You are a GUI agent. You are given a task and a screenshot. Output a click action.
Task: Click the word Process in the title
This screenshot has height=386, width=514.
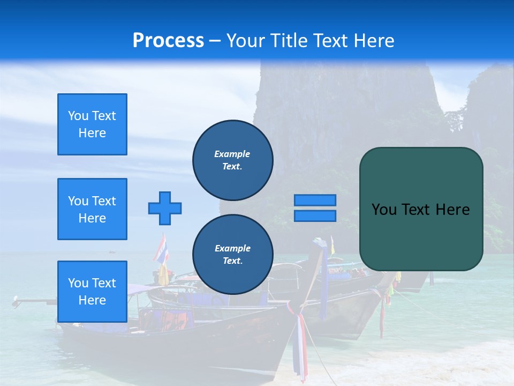pyautogui.click(x=168, y=40)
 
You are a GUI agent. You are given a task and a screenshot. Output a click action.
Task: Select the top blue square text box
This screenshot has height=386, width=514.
pyautogui.click(x=92, y=124)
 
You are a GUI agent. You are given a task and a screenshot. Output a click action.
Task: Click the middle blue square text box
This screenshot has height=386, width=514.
pyautogui.click(x=92, y=209)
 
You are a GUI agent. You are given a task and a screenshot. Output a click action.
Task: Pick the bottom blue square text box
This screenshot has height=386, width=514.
pyautogui.click(x=92, y=292)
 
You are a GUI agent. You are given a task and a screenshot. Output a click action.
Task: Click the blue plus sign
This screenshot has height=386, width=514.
pyautogui.click(x=165, y=208)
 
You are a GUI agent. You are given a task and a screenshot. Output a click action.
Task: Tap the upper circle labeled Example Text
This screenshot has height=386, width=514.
pyautogui.click(x=232, y=160)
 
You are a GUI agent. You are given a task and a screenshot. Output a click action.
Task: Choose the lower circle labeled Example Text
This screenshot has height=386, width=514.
pyautogui.click(x=232, y=255)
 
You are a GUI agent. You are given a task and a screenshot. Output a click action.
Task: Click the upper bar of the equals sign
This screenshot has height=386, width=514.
pyautogui.click(x=315, y=200)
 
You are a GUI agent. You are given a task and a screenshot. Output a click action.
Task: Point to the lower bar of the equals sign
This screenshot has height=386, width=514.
pyautogui.click(x=315, y=216)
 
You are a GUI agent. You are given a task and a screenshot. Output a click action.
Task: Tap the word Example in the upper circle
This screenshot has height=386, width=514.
pyautogui.click(x=232, y=154)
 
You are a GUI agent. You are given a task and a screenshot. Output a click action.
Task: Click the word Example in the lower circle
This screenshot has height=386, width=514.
pyautogui.click(x=232, y=248)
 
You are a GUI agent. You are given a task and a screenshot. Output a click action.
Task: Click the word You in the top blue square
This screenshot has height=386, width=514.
pyautogui.click(x=78, y=116)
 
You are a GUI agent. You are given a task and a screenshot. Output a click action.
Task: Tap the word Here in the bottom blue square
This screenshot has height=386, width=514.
pyautogui.click(x=92, y=300)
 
